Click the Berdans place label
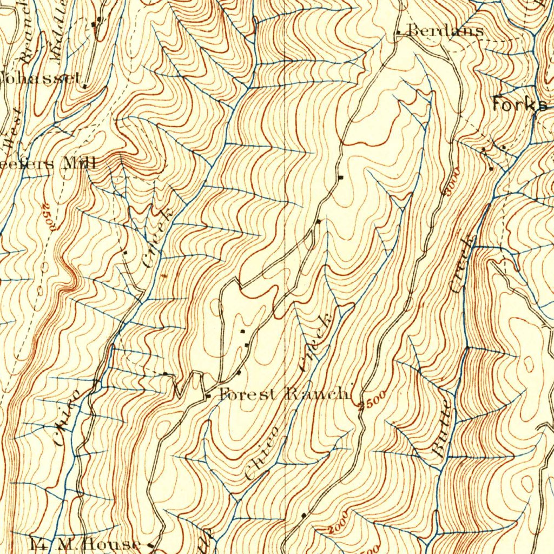445,30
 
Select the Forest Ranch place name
285,394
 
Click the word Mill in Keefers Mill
80,162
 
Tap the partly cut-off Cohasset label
41,78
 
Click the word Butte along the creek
442,430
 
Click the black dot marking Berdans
399,33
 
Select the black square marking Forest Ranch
209,397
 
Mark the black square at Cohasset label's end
85,85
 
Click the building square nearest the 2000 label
304,515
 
